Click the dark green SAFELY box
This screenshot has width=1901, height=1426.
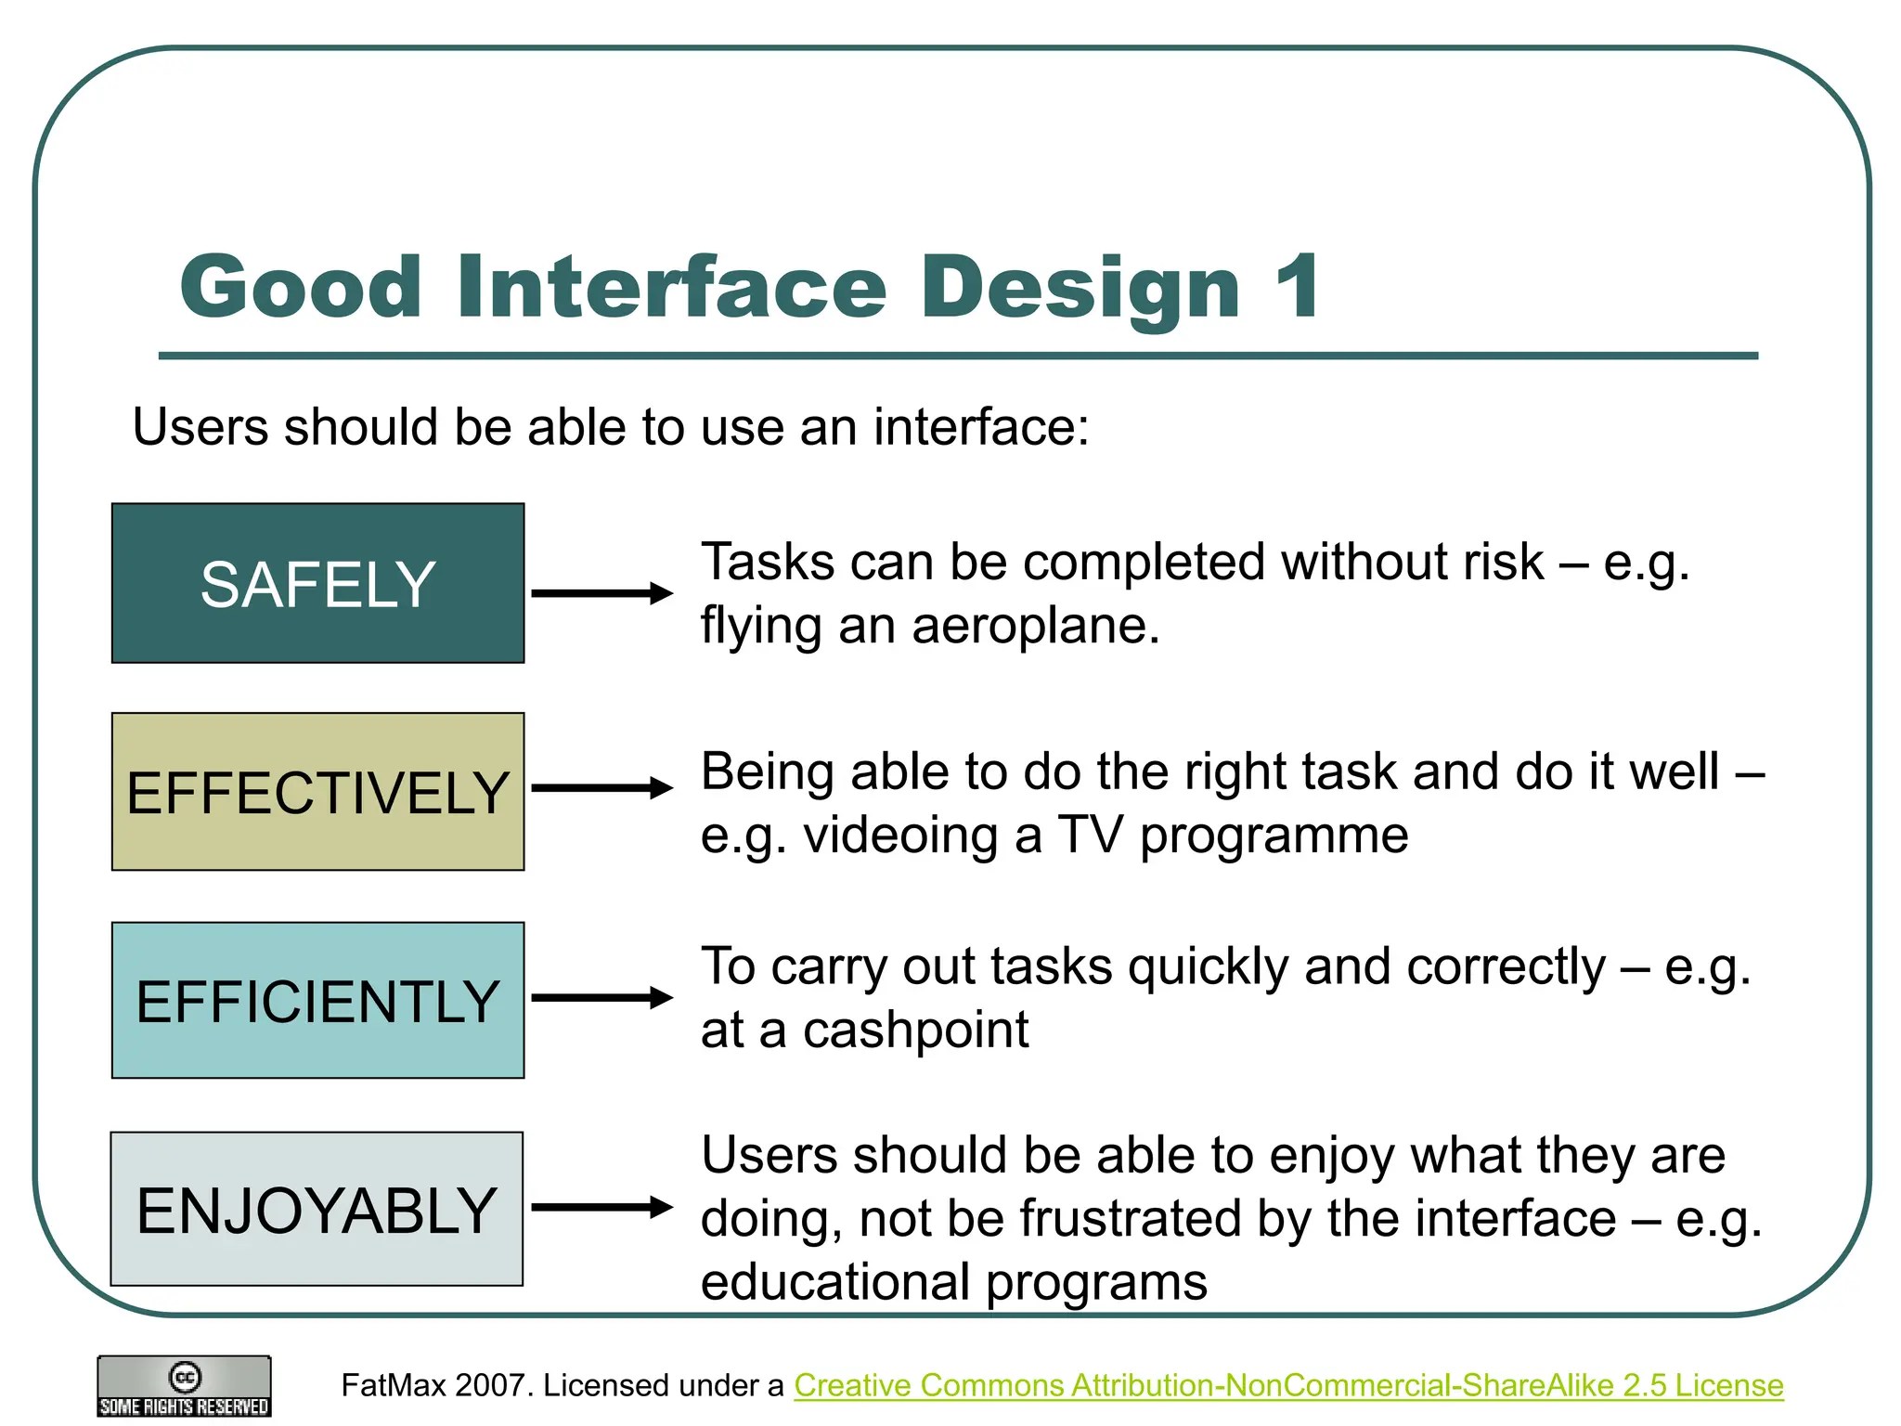pos(317,583)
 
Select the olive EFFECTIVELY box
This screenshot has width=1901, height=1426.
pos(317,792)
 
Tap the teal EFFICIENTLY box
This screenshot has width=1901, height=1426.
pos(317,1000)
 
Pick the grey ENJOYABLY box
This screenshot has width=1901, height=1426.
pos(317,1209)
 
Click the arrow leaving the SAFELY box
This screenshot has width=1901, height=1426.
pos(601,592)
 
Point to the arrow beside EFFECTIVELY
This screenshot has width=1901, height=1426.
pos(601,788)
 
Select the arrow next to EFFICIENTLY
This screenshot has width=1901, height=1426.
pos(601,997)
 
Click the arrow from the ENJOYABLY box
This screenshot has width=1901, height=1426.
pos(601,1207)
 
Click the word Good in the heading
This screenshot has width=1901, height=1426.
pos(301,287)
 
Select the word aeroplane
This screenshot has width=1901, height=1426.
pos(1034,626)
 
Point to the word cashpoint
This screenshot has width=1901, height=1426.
pos(915,1030)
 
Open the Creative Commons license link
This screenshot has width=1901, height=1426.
pos(1288,1385)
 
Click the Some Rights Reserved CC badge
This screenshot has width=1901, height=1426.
pos(184,1387)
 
